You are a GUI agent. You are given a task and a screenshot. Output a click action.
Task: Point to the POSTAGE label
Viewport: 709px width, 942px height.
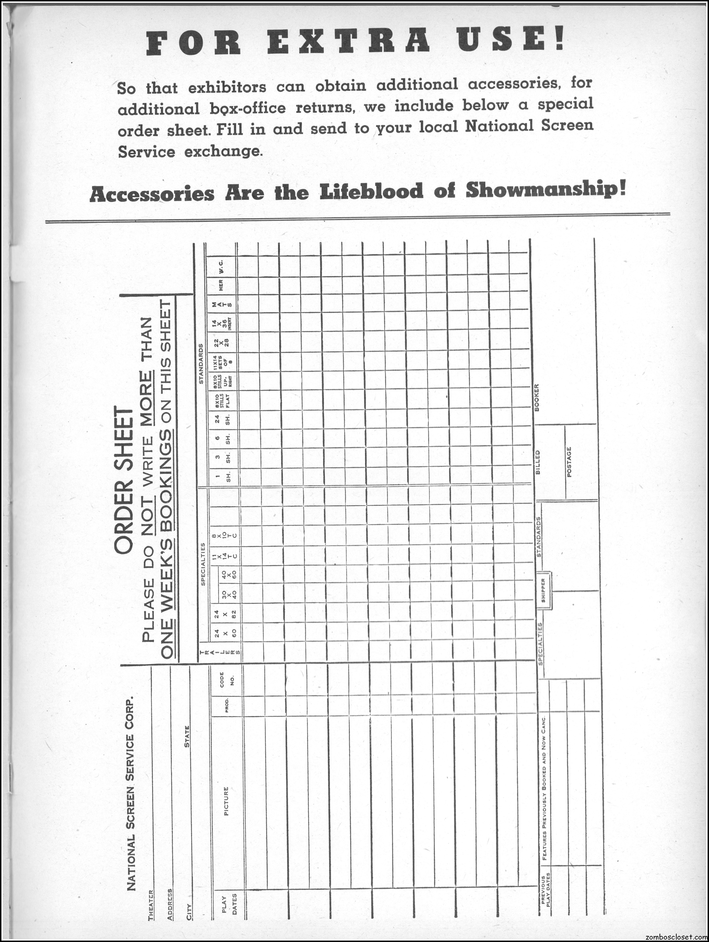pos(569,462)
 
